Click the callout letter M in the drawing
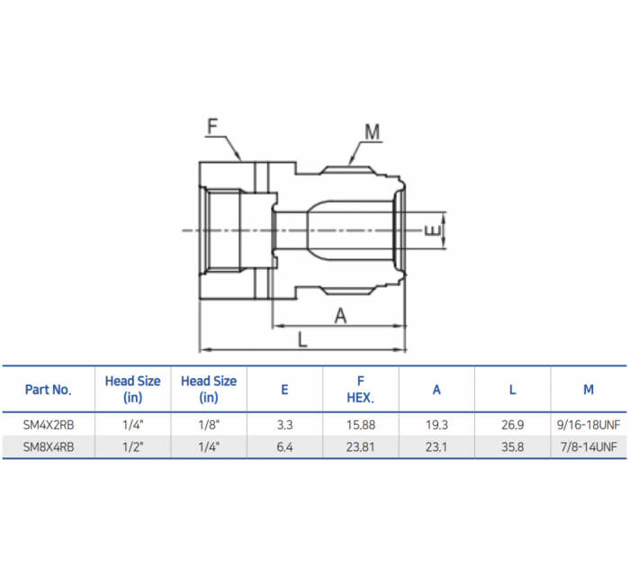click(372, 132)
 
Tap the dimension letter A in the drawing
click(340, 315)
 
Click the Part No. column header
click(48, 390)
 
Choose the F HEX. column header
click(360, 390)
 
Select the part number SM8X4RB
click(48, 445)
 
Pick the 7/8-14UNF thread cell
click(589, 445)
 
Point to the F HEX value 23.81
click(360, 445)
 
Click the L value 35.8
click(512, 445)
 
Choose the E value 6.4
click(284, 445)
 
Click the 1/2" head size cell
click(132, 445)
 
